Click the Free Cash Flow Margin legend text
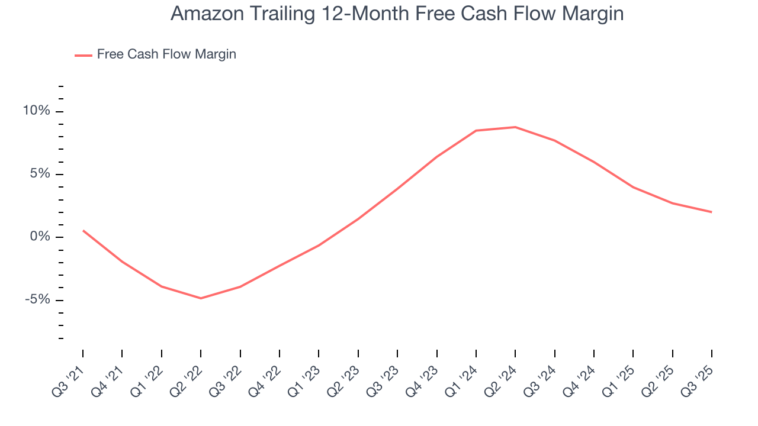[166, 54]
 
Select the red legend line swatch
[83, 55]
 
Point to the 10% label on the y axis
[36, 111]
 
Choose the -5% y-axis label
[37, 299]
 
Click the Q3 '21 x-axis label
[70, 376]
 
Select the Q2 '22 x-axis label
[188, 376]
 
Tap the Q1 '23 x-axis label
[306, 376]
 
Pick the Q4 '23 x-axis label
[423, 376]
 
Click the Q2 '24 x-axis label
[502, 376]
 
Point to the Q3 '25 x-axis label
[699, 376]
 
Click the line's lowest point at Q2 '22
[201, 298]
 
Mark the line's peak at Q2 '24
[515, 127]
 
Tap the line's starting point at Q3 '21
[83, 230]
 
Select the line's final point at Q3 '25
[711, 212]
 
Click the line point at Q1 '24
[476, 131]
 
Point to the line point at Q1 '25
[633, 187]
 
